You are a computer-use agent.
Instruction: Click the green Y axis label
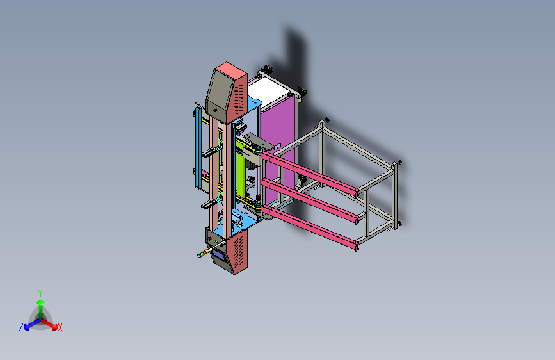pos(40,293)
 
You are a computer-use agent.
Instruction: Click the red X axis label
pos(60,327)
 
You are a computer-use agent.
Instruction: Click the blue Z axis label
pos(21,327)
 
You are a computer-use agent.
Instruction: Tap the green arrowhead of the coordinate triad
pos(41,302)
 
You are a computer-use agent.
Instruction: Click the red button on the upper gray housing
pos(215,111)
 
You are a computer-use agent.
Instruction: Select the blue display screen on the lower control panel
pos(218,255)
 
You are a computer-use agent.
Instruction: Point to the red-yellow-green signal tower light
pos(204,253)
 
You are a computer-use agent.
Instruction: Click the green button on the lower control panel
pos(216,241)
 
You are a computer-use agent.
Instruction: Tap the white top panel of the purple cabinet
pos(268,89)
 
